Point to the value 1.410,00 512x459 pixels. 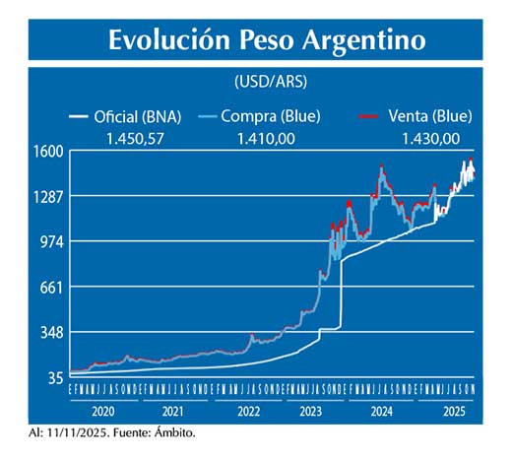click(266, 138)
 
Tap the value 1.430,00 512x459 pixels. click(430, 138)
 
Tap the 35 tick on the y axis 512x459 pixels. click(56, 378)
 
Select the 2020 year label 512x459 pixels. click(104, 412)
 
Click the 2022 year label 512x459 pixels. click(247, 412)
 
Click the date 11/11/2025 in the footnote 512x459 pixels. click(75, 431)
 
